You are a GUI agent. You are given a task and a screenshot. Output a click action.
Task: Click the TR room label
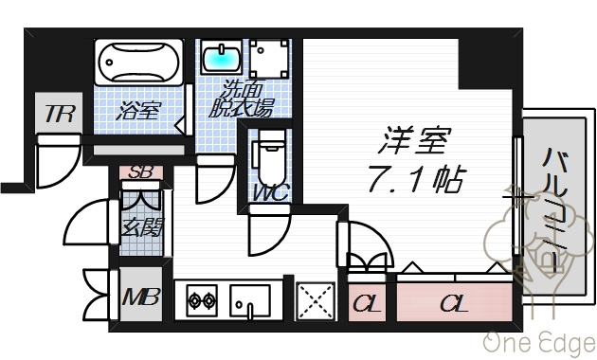tap(59, 114)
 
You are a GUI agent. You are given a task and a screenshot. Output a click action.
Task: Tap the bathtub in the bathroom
tap(138, 62)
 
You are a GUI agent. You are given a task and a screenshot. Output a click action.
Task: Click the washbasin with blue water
tap(221, 57)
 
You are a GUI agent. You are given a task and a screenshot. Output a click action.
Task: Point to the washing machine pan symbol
tap(268, 59)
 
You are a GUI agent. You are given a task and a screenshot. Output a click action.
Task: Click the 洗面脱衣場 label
tap(242, 99)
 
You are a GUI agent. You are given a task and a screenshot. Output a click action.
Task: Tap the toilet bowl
tap(272, 157)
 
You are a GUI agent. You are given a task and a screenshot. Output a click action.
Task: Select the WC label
tap(271, 192)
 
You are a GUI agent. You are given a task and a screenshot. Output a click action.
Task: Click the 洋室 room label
tap(415, 139)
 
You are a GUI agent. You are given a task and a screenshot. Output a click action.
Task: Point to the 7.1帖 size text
tap(417, 178)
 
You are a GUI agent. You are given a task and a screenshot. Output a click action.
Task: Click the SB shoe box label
tap(141, 172)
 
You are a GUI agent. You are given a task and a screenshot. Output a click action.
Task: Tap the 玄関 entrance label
tap(141, 227)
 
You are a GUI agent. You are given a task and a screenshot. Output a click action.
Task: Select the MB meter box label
tap(140, 297)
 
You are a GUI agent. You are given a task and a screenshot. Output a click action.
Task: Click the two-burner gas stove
tap(202, 300)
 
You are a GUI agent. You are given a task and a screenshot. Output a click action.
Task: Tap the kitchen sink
tap(250, 300)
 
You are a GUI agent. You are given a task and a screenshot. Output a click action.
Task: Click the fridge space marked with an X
tap(316, 301)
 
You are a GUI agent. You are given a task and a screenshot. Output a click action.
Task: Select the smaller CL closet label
tap(367, 303)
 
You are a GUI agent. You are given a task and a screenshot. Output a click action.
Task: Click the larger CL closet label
tap(454, 303)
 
